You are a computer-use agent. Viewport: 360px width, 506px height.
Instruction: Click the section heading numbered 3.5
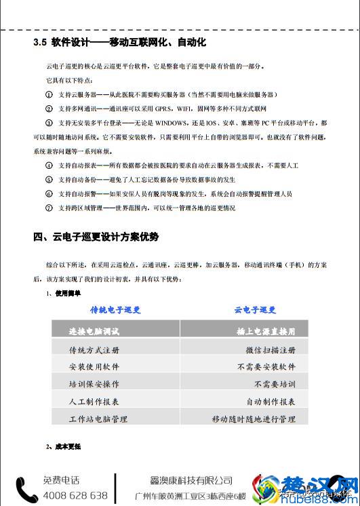119,43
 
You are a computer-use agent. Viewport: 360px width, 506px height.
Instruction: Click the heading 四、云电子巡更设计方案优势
96,237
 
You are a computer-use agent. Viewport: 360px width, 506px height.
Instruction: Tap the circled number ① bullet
48,94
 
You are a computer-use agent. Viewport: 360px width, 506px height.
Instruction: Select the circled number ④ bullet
48,166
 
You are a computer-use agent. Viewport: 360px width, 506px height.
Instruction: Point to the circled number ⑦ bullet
48,208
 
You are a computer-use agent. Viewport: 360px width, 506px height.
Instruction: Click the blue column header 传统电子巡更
115,309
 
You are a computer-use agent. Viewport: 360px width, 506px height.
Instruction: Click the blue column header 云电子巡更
255,309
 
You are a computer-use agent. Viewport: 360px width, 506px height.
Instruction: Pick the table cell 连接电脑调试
94,332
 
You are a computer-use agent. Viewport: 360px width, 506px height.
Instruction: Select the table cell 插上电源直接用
266,332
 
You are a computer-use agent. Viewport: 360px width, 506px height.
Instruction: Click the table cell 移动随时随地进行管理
254,419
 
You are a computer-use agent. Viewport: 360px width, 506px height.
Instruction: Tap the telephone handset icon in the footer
27,489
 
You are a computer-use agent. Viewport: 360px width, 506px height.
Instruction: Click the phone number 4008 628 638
75,496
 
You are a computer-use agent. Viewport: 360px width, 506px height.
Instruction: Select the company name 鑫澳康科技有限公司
191,480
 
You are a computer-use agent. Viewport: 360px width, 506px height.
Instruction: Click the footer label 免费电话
61,480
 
